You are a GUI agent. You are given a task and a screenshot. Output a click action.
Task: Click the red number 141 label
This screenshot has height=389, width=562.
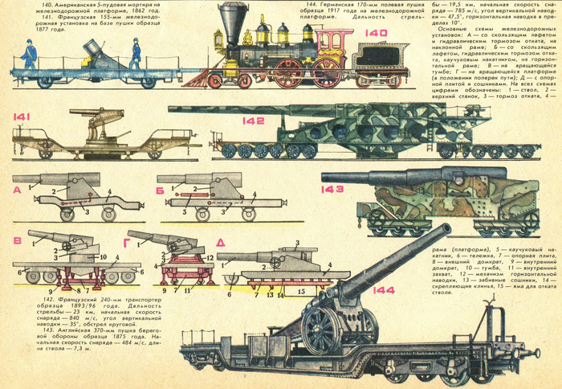(x=22, y=117)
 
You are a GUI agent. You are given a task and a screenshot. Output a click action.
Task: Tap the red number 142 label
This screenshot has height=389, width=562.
(x=255, y=121)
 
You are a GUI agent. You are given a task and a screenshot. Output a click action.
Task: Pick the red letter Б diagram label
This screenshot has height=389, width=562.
(x=159, y=189)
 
